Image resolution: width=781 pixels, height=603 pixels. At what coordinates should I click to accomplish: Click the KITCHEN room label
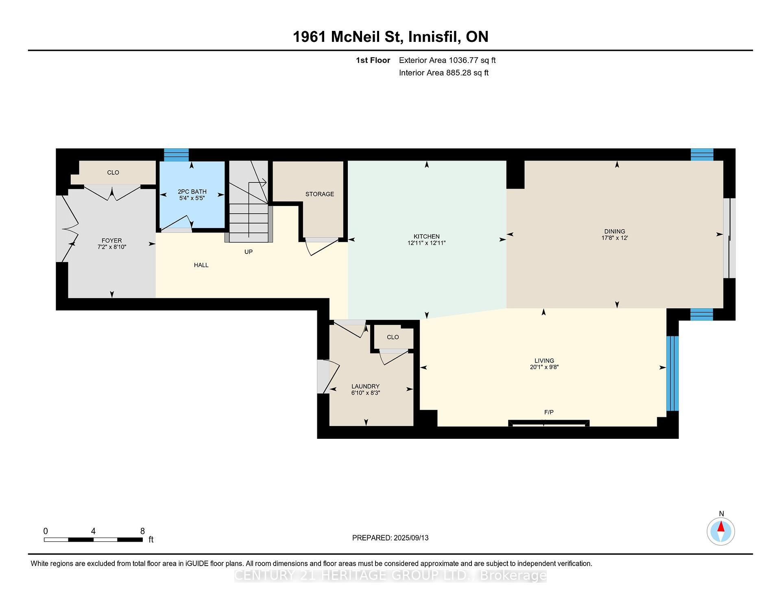click(426, 236)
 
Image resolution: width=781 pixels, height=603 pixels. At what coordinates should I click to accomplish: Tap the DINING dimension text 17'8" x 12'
click(615, 238)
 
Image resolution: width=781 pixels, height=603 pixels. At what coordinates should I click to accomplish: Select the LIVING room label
click(544, 360)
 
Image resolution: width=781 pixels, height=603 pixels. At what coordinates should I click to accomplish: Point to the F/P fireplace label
click(549, 412)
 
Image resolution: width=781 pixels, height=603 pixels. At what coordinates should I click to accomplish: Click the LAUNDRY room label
click(365, 386)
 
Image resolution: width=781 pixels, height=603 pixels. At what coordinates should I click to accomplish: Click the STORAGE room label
click(320, 194)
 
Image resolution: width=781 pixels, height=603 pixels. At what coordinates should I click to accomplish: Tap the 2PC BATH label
click(192, 191)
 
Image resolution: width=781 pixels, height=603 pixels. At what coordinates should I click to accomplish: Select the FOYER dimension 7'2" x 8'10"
click(112, 247)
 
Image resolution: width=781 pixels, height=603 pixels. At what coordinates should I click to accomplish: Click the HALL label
click(201, 265)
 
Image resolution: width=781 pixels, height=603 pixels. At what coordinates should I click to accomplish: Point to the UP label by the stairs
click(248, 252)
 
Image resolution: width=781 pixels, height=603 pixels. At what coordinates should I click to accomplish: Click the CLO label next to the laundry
click(393, 337)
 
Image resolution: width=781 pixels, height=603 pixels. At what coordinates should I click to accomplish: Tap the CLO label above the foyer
click(113, 172)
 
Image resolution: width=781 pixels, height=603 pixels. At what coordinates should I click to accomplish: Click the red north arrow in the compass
click(721, 527)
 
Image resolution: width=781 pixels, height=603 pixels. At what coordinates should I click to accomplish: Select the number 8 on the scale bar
click(142, 531)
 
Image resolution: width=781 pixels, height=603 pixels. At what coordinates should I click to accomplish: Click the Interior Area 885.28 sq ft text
click(443, 73)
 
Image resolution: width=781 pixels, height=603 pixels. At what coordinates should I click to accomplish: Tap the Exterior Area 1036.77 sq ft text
click(447, 60)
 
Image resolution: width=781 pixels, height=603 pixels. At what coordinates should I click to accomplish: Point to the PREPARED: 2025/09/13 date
click(390, 538)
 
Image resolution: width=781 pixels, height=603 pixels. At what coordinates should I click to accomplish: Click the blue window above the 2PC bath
click(176, 155)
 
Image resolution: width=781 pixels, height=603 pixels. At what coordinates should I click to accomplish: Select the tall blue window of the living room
click(672, 373)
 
